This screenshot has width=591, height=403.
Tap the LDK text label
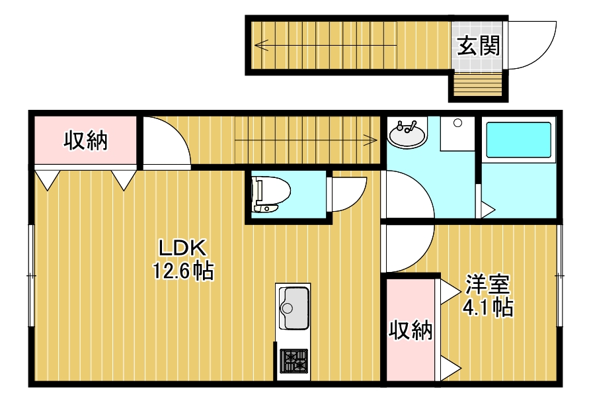(183, 248)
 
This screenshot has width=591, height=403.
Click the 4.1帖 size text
(487, 306)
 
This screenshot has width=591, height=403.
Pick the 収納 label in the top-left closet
(85, 140)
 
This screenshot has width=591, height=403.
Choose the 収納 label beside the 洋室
(410, 329)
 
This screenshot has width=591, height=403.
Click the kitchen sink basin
(294, 308)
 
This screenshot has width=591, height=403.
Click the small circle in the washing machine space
(457, 123)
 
